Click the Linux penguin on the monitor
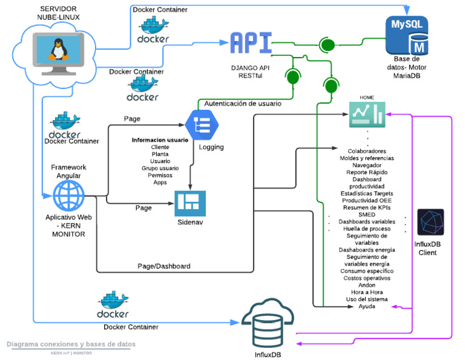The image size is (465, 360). (58, 48)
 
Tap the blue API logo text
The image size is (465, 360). (249, 44)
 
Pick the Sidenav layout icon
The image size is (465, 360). (190, 203)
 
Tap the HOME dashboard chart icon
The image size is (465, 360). (367, 115)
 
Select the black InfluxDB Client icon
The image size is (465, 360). (430, 222)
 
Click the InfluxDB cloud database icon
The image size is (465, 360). (266, 325)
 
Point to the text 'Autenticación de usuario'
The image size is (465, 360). (243, 104)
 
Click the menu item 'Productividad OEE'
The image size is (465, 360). (367, 200)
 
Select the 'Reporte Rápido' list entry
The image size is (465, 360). (367, 172)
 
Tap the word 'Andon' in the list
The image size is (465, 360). (367, 285)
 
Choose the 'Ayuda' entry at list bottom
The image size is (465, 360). (367, 306)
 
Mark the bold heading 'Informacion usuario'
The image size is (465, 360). (160, 140)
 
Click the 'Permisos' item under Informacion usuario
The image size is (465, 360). (160, 175)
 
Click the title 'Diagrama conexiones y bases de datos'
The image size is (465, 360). (71, 344)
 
